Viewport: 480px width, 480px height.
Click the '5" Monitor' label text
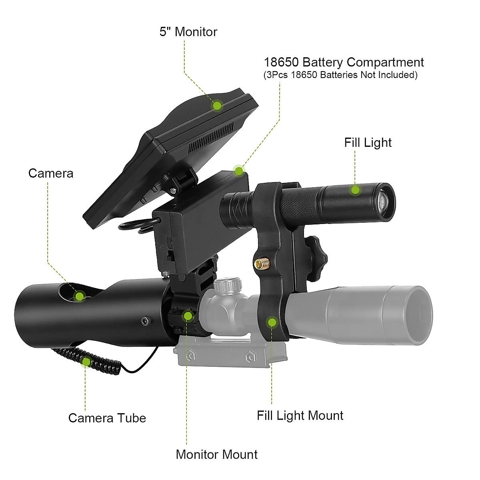188,32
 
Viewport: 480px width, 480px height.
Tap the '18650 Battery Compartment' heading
344,62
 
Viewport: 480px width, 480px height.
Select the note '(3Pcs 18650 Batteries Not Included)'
340,75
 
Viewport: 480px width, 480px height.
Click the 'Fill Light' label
368,143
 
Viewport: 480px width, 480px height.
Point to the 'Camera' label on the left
51,173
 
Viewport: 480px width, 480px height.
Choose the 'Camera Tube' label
107,418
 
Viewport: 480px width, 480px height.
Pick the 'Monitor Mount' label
216,454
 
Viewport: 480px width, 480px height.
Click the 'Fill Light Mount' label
300,416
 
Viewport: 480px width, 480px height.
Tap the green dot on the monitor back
217,106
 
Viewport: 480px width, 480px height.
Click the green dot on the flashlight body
355,190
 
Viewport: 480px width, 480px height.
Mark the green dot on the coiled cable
86,362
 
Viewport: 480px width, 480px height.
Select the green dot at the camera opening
80,296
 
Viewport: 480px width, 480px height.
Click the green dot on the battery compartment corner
239,171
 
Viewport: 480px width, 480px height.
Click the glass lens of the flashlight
382,201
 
